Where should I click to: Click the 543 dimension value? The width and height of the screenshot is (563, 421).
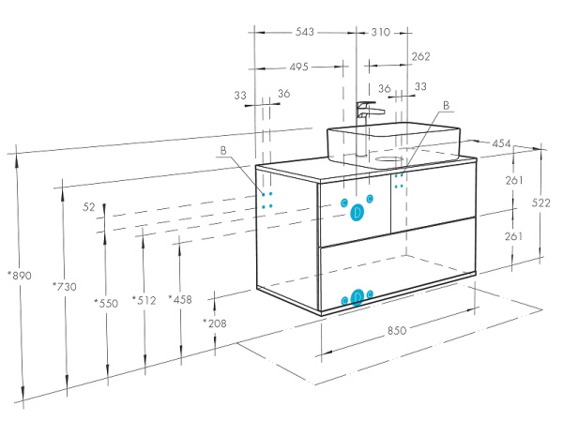304,32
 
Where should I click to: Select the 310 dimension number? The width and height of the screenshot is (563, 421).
380,32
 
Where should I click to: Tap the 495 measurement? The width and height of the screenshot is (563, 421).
299,67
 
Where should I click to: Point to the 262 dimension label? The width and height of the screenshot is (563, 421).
421,56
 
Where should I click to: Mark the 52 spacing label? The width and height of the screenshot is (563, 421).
89,206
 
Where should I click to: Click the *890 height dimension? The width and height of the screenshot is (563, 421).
19,275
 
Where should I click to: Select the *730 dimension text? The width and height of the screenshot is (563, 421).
66,286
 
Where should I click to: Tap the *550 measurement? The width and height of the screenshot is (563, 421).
107,303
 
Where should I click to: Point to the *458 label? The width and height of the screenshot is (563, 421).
180,299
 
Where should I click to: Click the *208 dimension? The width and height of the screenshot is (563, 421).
215,323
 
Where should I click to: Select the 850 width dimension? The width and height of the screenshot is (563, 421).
397,330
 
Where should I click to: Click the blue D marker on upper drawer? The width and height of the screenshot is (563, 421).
357,213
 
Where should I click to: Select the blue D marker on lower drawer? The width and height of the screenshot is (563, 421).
357,297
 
